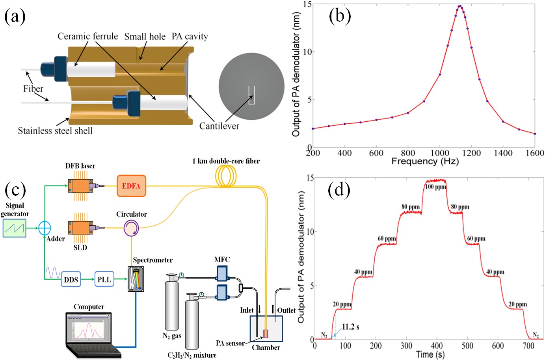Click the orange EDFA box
(x=131, y=186)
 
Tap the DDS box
(x=71, y=279)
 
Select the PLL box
(x=104, y=279)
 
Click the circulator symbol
(x=131, y=228)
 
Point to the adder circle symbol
(x=45, y=228)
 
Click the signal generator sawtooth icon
(x=15, y=228)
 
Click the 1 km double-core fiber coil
(x=225, y=176)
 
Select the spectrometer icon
(x=136, y=279)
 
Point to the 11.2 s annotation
(x=350, y=327)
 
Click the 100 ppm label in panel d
(x=435, y=187)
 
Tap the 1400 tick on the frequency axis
(x=503, y=153)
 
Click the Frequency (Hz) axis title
(x=425, y=161)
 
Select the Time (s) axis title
(x=430, y=354)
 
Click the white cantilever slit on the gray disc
(x=251, y=95)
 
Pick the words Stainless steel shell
(x=55, y=131)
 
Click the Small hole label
(x=145, y=37)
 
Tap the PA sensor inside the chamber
(x=266, y=334)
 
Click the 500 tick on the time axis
(x=467, y=346)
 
